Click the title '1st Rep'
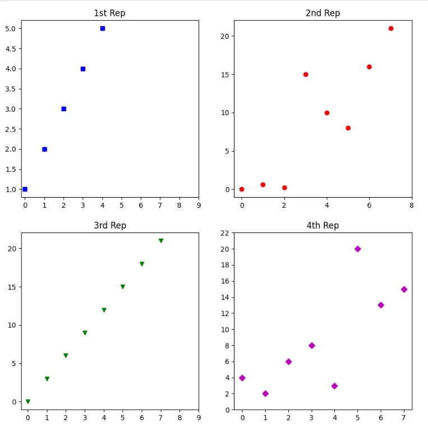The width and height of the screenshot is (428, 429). click(110, 13)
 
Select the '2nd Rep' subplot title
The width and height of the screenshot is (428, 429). click(323, 13)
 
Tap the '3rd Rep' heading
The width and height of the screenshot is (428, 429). click(110, 225)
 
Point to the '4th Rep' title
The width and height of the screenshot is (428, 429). click(323, 225)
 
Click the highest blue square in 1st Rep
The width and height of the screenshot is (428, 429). click(103, 28)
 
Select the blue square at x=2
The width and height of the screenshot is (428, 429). click(64, 109)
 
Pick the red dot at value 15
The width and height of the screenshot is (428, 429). click(306, 74)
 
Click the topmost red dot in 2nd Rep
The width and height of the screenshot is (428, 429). click(391, 28)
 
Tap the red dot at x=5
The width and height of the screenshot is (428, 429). click(348, 128)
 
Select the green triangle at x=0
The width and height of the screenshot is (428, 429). click(28, 401)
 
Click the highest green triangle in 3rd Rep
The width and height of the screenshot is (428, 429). click(161, 240)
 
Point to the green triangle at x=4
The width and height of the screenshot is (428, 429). click(104, 310)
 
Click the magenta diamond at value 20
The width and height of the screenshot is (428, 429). click(358, 249)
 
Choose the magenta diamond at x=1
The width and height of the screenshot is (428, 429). click(265, 394)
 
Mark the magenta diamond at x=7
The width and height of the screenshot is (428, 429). click(404, 289)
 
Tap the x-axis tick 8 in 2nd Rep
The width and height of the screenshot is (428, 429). click(412, 206)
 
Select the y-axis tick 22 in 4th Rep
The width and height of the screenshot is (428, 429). click(224, 232)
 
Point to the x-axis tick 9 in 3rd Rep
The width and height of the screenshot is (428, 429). click(199, 417)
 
